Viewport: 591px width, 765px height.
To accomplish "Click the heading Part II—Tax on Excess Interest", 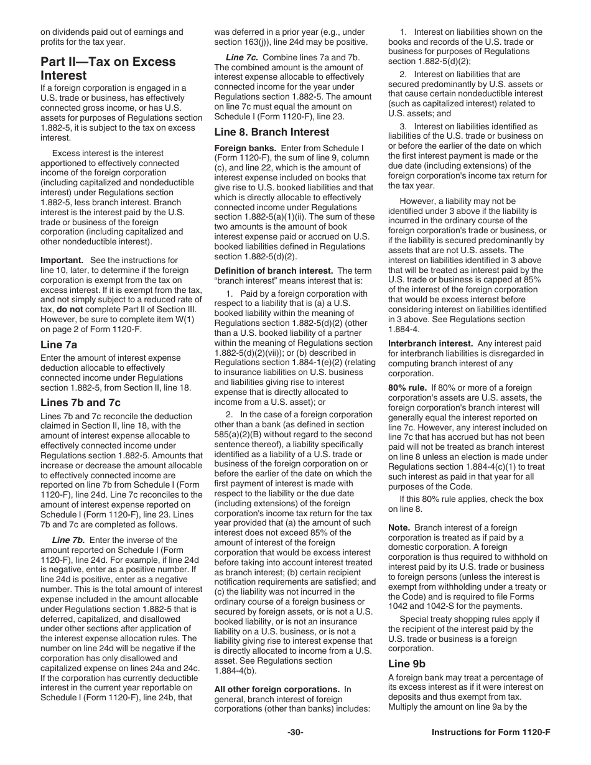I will pos(108,68).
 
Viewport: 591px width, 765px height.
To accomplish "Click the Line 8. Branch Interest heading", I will pos(272,132).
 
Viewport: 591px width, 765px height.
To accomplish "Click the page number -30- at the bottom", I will pos(295,732).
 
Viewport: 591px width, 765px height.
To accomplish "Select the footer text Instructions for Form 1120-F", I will pos(491,732).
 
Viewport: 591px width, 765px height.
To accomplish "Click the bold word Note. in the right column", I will pos(399,527).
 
